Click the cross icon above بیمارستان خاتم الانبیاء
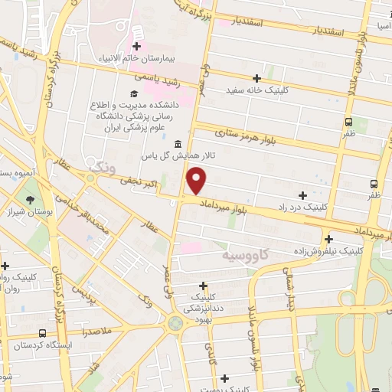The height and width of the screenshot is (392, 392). pyautogui.click(x=137, y=33)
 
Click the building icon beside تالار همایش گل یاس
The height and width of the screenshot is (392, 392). pyautogui.click(x=178, y=144)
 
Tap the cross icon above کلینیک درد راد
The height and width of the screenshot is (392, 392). pyautogui.click(x=303, y=195)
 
